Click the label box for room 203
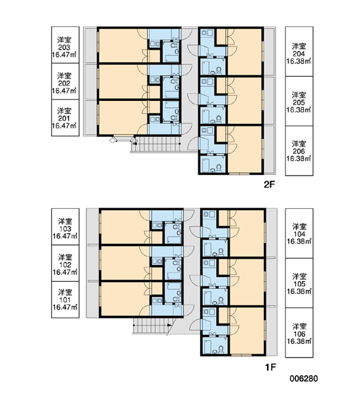(x=65, y=45)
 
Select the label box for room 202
(x=65, y=81)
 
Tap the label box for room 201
(x=65, y=118)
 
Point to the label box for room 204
(x=299, y=51)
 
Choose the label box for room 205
(x=299, y=101)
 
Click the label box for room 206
(x=299, y=151)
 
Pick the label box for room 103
(x=65, y=227)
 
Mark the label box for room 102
(x=65, y=263)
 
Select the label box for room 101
(x=65, y=300)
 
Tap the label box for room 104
(x=299, y=233)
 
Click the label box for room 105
(x=299, y=283)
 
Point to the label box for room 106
(x=299, y=333)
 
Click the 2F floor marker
(x=270, y=185)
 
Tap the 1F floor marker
(x=270, y=367)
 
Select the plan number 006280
(x=304, y=379)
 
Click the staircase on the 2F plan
(x=156, y=145)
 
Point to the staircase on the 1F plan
(x=153, y=326)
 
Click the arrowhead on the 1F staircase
(x=170, y=325)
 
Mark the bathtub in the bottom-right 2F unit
(x=206, y=164)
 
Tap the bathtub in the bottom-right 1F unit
(x=207, y=346)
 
